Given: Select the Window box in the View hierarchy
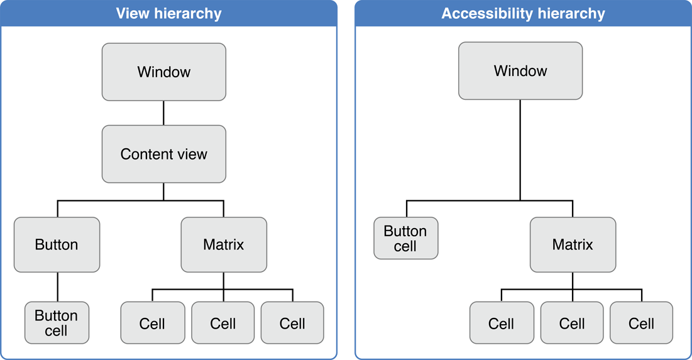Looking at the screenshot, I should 163,72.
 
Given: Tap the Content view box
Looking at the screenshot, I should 163,154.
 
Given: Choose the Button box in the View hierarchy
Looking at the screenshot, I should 57,244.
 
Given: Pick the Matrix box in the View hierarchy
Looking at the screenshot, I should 224,244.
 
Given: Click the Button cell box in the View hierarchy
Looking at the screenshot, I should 57,322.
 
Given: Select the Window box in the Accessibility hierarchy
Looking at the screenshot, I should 520,71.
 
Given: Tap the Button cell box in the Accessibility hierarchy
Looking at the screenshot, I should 405,238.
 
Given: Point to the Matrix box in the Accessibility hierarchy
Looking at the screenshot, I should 573,244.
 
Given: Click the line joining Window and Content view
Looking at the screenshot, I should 163,112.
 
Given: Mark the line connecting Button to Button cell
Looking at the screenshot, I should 57,286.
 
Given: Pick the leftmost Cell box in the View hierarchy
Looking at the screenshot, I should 153,323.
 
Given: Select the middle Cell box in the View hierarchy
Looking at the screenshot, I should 223,323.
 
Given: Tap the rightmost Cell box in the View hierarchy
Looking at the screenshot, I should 292,323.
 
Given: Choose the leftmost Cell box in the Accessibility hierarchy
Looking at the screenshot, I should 502,323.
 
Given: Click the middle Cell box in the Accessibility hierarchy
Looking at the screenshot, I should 572,323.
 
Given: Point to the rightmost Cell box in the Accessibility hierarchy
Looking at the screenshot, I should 642,323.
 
